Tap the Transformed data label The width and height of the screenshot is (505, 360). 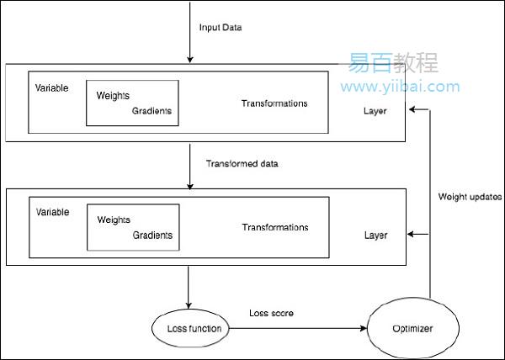(x=242, y=162)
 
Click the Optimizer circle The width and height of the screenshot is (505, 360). (x=412, y=328)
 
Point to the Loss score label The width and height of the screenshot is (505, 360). (x=270, y=314)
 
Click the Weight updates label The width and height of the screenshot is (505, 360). (x=470, y=197)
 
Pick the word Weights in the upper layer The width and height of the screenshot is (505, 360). (x=114, y=96)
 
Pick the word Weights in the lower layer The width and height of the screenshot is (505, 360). (x=114, y=220)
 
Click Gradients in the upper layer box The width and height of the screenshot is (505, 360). (x=151, y=110)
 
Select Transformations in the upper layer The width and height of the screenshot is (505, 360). (x=274, y=103)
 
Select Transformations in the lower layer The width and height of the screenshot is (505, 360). (x=274, y=227)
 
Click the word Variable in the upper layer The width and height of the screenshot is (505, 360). (x=52, y=87)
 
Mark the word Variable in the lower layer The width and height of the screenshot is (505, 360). (x=52, y=212)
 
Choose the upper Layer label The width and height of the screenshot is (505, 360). (x=376, y=111)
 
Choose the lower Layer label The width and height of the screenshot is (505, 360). (x=376, y=236)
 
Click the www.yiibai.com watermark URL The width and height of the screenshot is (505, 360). (x=400, y=87)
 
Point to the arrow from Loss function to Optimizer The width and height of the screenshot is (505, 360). (x=295, y=328)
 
